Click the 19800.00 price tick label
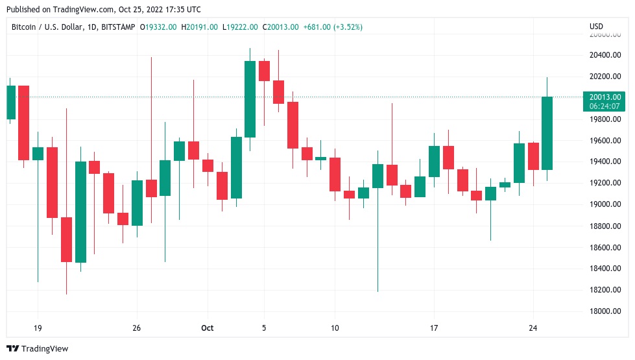click(x=605, y=119)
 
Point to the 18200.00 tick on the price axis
click(x=605, y=290)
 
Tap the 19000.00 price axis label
click(x=605, y=204)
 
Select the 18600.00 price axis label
click(x=605, y=247)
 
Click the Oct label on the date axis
click(x=207, y=328)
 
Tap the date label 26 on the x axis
click(x=136, y=328)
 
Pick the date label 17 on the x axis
click(x=434, y=328)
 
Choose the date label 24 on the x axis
click(x=533, y=328)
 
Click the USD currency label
click(x=596, y=27)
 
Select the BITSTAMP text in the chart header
click(x=115, y=27)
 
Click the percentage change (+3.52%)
click(x=347, y=27)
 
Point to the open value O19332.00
click(x=159, y=27)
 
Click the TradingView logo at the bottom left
click(x=37, y=349)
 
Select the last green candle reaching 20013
click(x=547, y=133)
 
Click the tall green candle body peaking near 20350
click(x=250, y=99)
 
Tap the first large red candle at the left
click(x=23, y=122)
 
